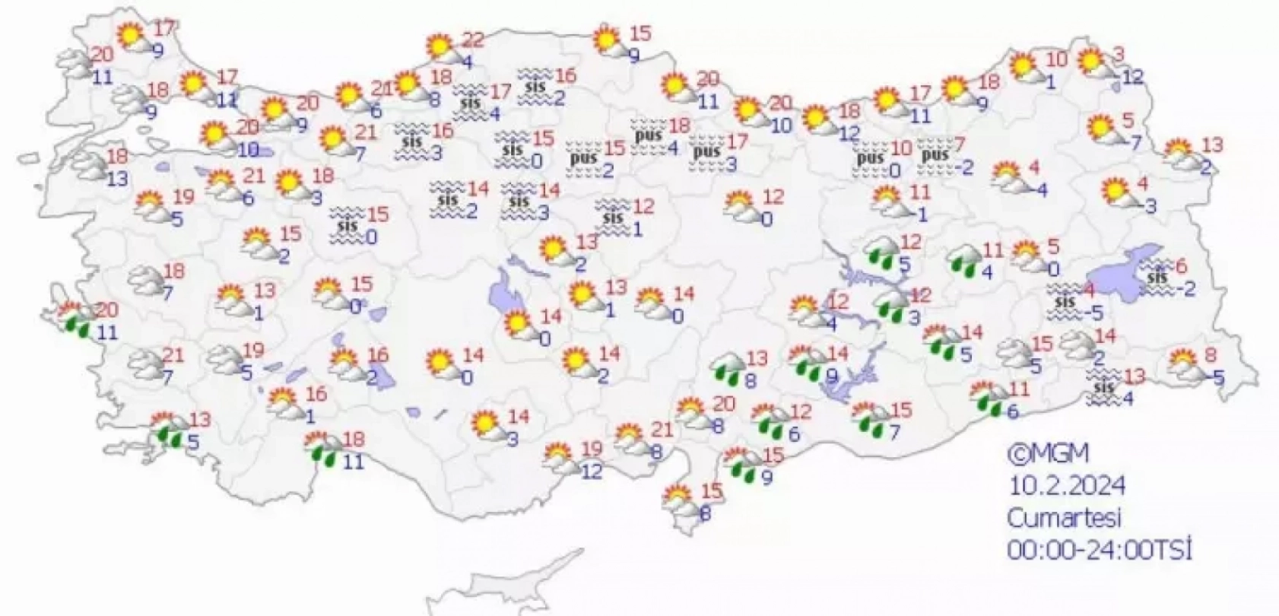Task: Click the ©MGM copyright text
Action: [1049, 454]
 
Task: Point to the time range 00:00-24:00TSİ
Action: [1099, 549]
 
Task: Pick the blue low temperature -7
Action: [1134, 143]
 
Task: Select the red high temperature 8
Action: [1210, 354]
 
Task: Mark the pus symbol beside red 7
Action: [935, 157]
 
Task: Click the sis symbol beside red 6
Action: [1157, 278]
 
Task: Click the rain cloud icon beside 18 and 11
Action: [323, 448]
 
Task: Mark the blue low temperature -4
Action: [1038, 190]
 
